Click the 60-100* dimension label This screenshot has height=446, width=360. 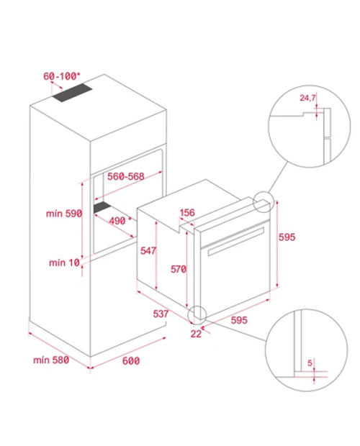pyautogui.click(x=62, y=76)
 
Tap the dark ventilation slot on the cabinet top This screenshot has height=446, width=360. pyautogui.click(x=72, y=93)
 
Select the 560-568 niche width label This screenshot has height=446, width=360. pyautogui.click(x=126, y=176)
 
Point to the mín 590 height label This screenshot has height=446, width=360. pyautogui.click(x=64, y=214)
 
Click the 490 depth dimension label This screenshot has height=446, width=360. pyautogui.click(x=120, y=221)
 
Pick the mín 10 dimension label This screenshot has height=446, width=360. pyautogui.click(x=64, y=263)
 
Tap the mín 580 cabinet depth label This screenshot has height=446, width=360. pyautogui.click(x=51, y=360)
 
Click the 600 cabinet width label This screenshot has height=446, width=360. pyautogui.click(x=131, y=361)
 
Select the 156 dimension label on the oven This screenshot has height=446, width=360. pyautogui.click(x=187, y=212)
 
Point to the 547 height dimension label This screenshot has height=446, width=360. pyautogui.click(x=148, y=250)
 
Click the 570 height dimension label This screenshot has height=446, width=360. pyautogui.click(x=179, y=269)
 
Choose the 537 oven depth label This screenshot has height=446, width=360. pyautogui.click(x=161, y=314)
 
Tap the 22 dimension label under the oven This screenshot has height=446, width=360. pyautogui.click(x=196, y=334)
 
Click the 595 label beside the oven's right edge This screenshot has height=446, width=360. pyautogui.click(x=287, y=237)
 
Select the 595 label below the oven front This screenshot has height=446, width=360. pyautogui.click(x=239, y=320)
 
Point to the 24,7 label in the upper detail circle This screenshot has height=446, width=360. pyautogui.click(x=307, y=98)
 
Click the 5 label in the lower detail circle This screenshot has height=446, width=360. pyautogui.click(x=310, y=363)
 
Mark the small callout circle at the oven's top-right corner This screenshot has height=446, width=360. pyautogui.click(x=264, y=201)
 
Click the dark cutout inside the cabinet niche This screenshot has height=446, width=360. pyautogui.click(x=102, y=207)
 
